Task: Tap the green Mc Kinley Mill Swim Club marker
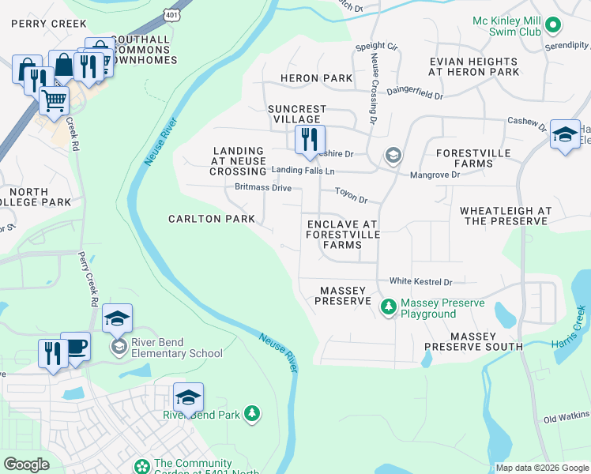pyautogui.click(x=554, y=25)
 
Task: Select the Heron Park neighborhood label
pyautogui.click(x=316, y=78)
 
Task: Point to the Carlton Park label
pyautogui.click(x=212, y=219)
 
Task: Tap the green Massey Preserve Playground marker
pyautogui.click(x=388, y=305)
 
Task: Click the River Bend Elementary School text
pyautogui.click(x=176, y=348)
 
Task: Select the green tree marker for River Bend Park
pyautogui.click(x=251, y=413)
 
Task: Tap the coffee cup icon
pyautogui.click(x=75, y=348)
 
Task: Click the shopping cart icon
pyautogui.click(x=54, y=100)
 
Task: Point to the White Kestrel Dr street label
pyautogui.click(x=420, y=282)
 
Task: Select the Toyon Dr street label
pyautogui.click(x=352, y=195)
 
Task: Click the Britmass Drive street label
pyautogui.click(x=263, y=188)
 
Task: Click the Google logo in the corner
pyautogui.click(x=26, y=465)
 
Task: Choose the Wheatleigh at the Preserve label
pyautogui.click(x=506, y=216)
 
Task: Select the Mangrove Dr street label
pyautogui.click(x=434, y=174)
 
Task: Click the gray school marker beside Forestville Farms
pyautogui.click(x=393, y=156)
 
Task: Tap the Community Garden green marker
pyautogui.click(x=141, y=467)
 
